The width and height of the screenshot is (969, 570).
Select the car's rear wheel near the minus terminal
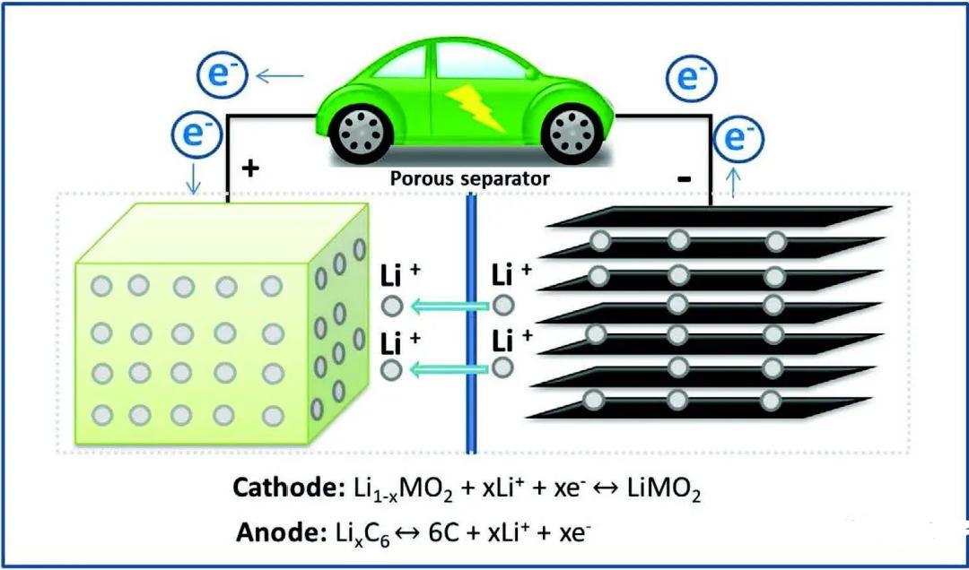click(x=572, y=133)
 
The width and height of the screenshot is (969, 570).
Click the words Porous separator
click(x=469, y=179)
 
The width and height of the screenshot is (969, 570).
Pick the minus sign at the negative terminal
click(x=684, y=180)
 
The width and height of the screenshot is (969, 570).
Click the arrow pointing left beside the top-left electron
click(x=280, y=76)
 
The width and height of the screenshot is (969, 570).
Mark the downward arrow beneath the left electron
click(x=194, y=177)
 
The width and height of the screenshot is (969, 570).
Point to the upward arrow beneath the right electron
click(x=734, y=182)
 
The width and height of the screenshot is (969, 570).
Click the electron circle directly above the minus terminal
click(x=691, y=78)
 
